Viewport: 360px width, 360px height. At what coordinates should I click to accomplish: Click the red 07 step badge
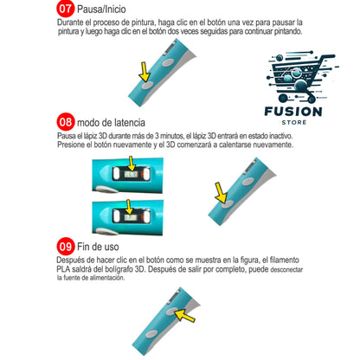66,9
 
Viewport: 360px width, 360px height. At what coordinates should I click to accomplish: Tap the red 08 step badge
66,122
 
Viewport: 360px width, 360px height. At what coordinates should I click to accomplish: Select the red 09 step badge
66,247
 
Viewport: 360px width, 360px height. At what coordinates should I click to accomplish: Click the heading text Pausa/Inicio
101,10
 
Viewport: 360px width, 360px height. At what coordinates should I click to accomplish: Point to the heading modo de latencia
111,123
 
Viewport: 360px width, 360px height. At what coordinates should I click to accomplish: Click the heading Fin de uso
98,247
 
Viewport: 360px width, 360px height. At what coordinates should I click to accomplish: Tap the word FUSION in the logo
293,112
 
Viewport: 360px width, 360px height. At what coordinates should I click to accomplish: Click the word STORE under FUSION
294,123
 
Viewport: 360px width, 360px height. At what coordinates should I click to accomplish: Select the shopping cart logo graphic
301,77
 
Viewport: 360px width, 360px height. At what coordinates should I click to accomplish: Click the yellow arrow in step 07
145,72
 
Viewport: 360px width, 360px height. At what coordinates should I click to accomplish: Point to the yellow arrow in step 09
185,315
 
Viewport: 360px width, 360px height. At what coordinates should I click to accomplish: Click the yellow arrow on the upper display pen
132,164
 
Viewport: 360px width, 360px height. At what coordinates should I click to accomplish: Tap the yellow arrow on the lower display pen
129,207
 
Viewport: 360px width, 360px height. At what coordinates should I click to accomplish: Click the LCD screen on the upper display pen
132,174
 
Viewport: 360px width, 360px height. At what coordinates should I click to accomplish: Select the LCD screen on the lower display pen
130,217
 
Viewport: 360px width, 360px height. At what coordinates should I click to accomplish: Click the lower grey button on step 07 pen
147,85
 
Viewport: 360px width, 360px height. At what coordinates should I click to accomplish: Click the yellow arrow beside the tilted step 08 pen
221,193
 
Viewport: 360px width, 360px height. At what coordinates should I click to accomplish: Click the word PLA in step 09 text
63,269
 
